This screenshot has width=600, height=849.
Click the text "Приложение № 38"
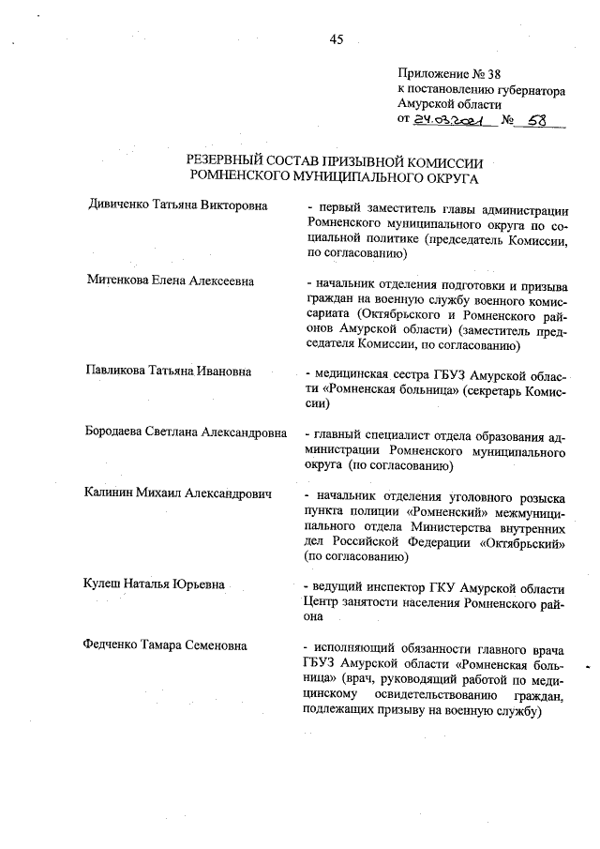[444, 75]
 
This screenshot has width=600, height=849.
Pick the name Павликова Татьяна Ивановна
[169, 370]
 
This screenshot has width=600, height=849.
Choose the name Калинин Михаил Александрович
[177, 493]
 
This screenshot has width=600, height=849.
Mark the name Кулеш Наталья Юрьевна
[155, 584]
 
